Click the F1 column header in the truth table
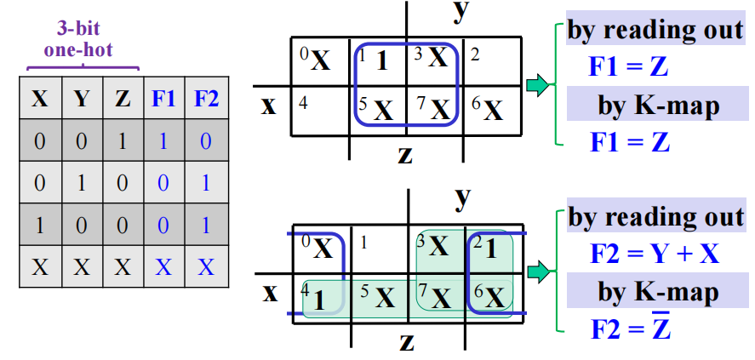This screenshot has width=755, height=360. (164, 99)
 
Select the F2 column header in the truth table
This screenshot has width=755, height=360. (206, 99)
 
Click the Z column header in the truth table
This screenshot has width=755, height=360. (123, 99)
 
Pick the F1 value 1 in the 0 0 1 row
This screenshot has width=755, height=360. (164, 140)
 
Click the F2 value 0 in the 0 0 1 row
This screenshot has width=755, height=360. (206, 140)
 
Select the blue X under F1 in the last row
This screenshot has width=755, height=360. (164, 267)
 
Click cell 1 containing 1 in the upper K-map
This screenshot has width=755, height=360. (378, 61)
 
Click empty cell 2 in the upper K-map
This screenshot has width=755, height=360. (492, 61)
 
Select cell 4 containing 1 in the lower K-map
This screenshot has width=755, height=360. (317, 298)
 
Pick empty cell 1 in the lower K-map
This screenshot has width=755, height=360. (378, 249)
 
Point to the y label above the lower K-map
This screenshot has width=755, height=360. (462, 198)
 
